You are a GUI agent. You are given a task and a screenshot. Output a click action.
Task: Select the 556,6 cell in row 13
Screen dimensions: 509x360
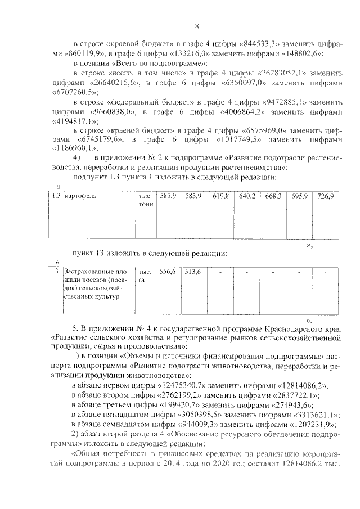(167, 272)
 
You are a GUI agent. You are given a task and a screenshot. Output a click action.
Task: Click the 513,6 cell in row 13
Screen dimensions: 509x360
(193, 272)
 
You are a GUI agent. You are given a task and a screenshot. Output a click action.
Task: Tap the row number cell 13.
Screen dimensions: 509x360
(55, 272)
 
